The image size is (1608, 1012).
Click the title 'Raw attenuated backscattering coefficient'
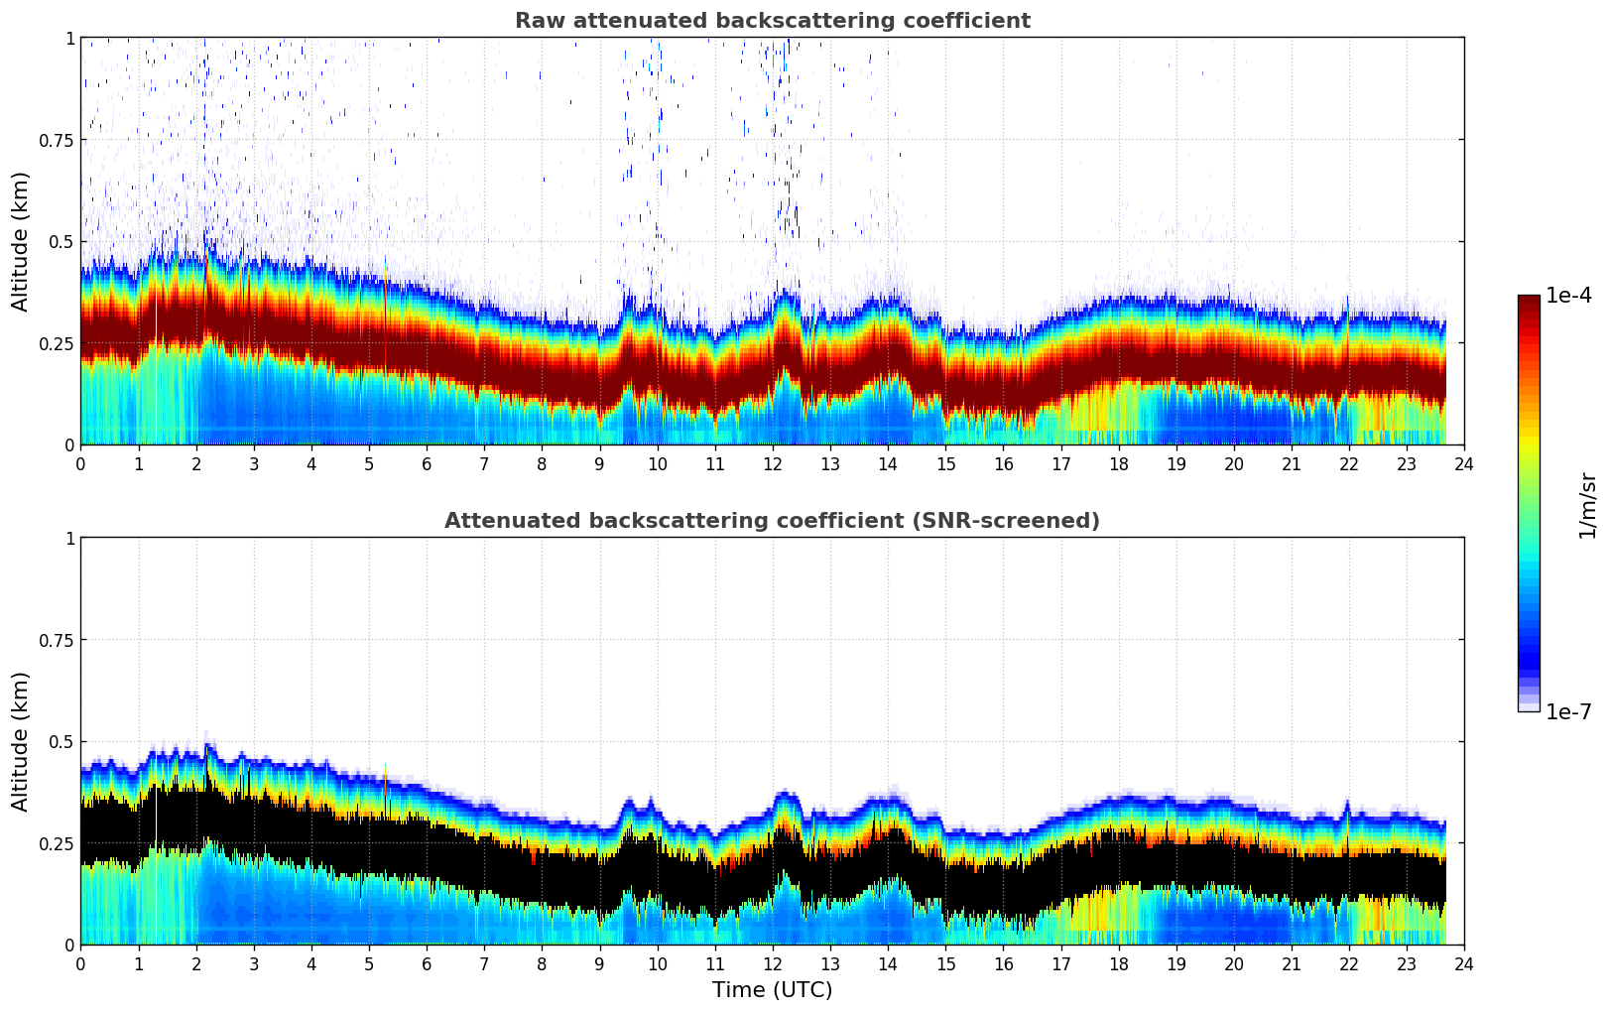pos(772,21)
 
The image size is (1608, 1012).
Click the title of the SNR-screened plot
pos(772,521)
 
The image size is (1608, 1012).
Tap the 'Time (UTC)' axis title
pos(772,990)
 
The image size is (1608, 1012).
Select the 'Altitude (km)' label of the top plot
pos(21,241)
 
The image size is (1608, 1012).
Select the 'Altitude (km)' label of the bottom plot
pos(21,741)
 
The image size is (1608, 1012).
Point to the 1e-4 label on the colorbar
pos(1568,296)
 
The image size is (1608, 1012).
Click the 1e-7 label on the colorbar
pos(1568,711)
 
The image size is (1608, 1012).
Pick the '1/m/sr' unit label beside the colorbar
pos(1587,506)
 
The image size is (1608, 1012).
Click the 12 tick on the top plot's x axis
pos(772,463)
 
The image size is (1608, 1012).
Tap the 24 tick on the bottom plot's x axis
pos(1463,963)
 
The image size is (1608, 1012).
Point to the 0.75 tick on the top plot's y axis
pos(56,140)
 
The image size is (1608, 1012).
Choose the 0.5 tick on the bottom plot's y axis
pos(62,741)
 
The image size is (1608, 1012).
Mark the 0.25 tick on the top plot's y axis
pos(56,343)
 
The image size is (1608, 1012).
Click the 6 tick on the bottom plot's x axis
pos(427,963)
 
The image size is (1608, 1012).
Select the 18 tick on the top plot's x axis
pos(1118,463)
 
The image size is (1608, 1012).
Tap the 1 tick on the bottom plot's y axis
pos(69,539)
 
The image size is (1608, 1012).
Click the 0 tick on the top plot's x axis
pos(80,463)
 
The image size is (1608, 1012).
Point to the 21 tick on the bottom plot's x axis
pos(1291,963)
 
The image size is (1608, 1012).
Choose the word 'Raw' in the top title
pos(536,21)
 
